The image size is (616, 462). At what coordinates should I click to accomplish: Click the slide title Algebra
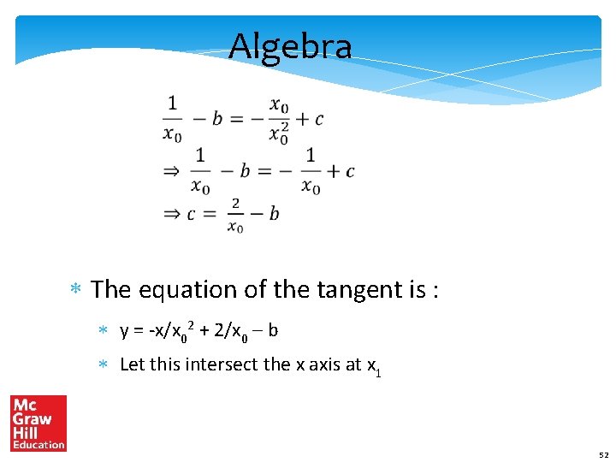tap(290, 46)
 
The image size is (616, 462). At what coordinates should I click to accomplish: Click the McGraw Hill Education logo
tap(38, 423)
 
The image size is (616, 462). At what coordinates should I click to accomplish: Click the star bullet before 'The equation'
tap(75, 291)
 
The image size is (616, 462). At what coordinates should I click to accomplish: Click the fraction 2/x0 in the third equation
tap(235, 214)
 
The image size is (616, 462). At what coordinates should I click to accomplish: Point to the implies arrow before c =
tap(172, 214)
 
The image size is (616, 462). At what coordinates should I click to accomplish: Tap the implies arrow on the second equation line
tap(172, 172)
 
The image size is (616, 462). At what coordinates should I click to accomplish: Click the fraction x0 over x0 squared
tap(279, 119)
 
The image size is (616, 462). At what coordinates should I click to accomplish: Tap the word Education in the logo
tap(38, 444)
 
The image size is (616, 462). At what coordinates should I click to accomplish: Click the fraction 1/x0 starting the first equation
tap(172, 119)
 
